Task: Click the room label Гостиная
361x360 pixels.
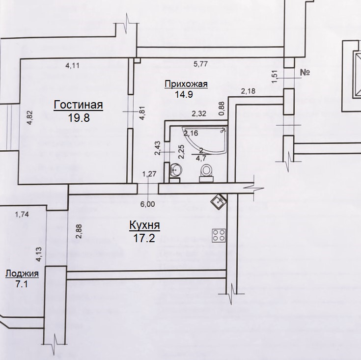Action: coord(78,105)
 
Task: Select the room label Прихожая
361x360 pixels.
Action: coord(186,84)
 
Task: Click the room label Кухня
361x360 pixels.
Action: coord(144,225)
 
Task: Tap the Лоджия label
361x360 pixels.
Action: coord(22,274)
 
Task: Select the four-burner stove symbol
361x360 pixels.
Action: coord(219,236)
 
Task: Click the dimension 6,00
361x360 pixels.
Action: coord(148,204)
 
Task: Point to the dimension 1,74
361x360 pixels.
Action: coord(22,214)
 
